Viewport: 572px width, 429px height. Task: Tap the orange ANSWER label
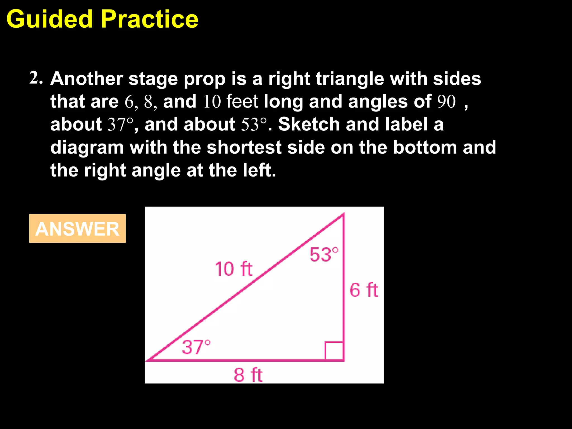(x=77, y=229)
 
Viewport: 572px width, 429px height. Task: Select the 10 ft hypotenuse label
(x=233, y=269)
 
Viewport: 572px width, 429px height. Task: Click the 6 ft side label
(x=364, y=290)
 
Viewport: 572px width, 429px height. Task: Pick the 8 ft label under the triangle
(x=248, y=375)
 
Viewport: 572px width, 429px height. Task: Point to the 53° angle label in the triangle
(x=324, y=254)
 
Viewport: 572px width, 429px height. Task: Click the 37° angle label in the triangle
(x=196, y=347)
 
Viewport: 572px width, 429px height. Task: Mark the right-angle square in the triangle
(x=334, y=351)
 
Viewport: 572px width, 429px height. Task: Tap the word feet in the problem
(x=242, y=101)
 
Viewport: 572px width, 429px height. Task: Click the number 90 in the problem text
(x=446, y=101)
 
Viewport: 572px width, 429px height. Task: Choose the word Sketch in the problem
(x=309, y=124)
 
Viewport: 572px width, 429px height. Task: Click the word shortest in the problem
(x=244, y=147)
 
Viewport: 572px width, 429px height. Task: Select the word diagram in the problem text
(x=87, y=148)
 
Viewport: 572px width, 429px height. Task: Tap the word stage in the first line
(x=153, y=79)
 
